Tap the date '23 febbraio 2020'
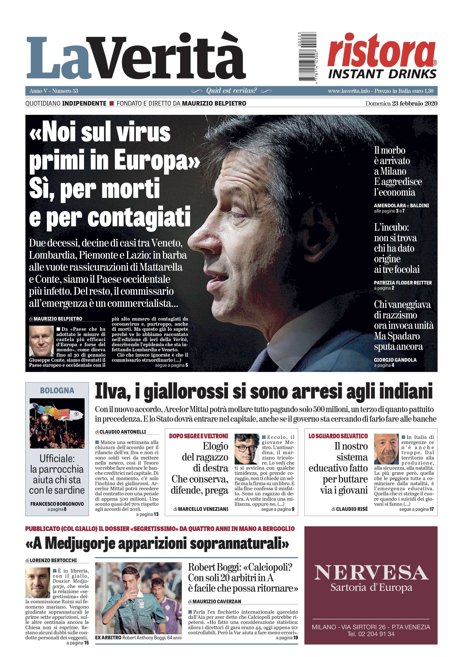point(414,104)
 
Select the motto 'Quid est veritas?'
point(231,91)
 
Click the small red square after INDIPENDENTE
point(111,104)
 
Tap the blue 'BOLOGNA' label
point(57,390)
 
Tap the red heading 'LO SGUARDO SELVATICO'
point(338,436)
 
